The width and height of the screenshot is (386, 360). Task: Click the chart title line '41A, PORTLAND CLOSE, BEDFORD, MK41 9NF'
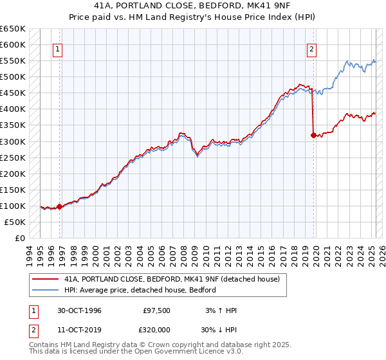click(x=192, y=7)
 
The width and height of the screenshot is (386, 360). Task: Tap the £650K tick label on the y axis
click(x=13, y=29)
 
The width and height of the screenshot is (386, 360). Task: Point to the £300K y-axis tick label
click(x=13, y=141)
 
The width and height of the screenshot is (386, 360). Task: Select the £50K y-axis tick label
click(x=15, y=222)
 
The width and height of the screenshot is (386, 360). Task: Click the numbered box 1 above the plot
click(x=58, y=49)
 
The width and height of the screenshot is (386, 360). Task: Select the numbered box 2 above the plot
click(x=311, y=49)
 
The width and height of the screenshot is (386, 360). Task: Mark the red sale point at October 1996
click(x=60, y=206)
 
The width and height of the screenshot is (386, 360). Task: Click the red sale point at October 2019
click(x=313, y=135)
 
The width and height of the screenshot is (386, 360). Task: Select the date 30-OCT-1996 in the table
click(x=78, y=310)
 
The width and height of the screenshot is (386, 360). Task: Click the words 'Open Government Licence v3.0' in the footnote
click(x=182, y=352)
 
